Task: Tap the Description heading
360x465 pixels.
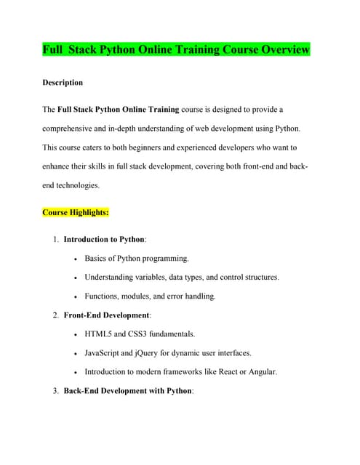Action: [x=63, y=83]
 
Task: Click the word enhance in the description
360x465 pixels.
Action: [x=58, y=167]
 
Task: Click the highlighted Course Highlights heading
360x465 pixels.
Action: [x=76, y=213]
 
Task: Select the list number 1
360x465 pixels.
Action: [x=55, y=239]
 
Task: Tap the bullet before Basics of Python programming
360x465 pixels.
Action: [x=76, y=259]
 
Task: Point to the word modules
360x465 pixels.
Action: [x=140, y=296]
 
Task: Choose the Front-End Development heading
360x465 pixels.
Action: [x=106, y=315]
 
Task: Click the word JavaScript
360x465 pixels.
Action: [x=107, y=353]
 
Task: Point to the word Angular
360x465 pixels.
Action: [x=261, y=372]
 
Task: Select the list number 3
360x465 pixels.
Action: [x=55, y=391]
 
